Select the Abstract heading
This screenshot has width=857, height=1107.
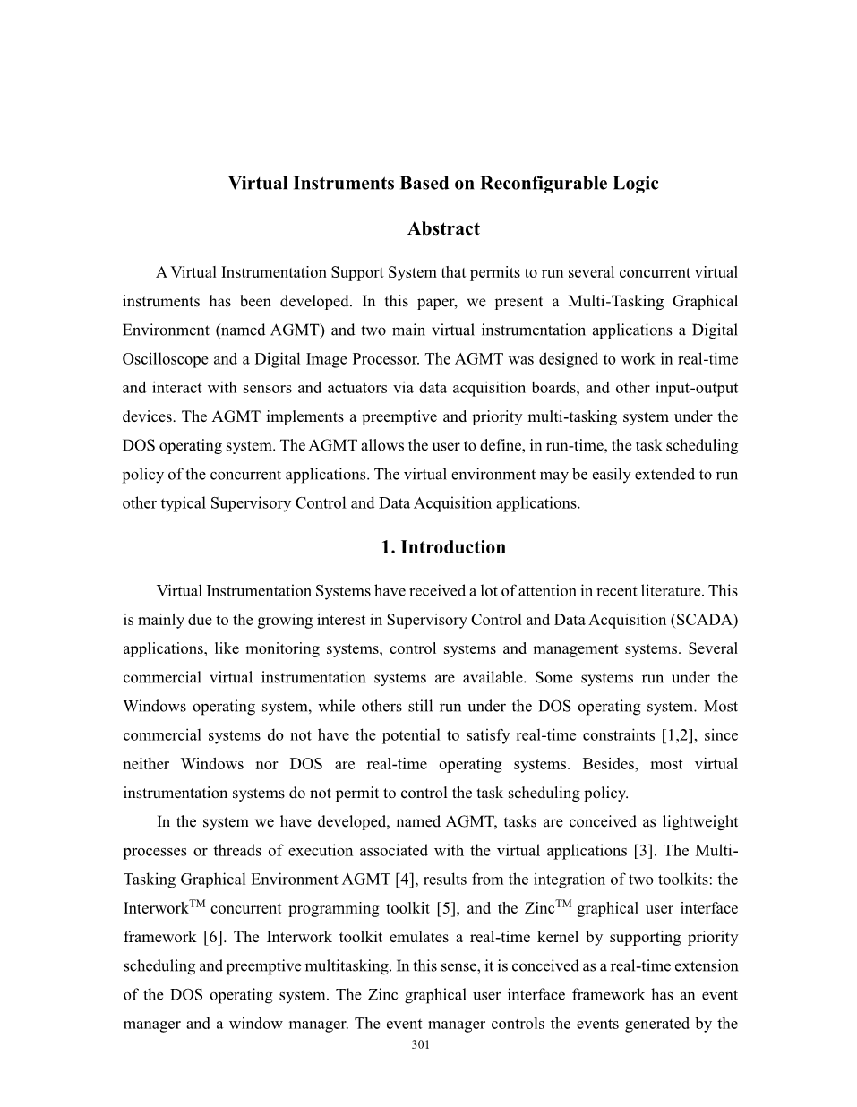(443, 229)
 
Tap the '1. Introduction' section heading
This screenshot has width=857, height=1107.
(443, 547)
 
